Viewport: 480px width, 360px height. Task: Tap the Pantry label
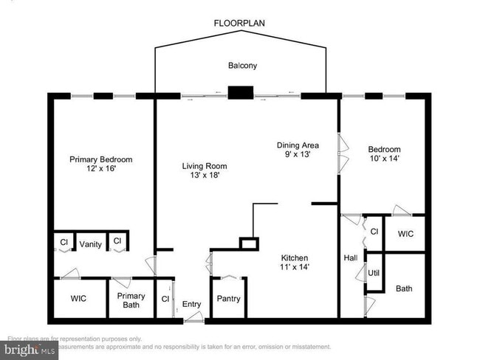227,299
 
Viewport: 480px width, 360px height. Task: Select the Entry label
191,304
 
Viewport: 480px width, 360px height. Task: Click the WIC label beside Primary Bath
78,299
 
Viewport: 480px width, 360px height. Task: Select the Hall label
351,258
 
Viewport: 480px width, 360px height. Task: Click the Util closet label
374,273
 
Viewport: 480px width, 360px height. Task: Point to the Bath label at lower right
404,288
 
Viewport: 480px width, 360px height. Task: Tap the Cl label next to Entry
164,299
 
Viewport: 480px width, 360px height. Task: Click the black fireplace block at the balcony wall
240,93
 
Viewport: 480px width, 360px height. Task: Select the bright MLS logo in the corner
30,349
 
